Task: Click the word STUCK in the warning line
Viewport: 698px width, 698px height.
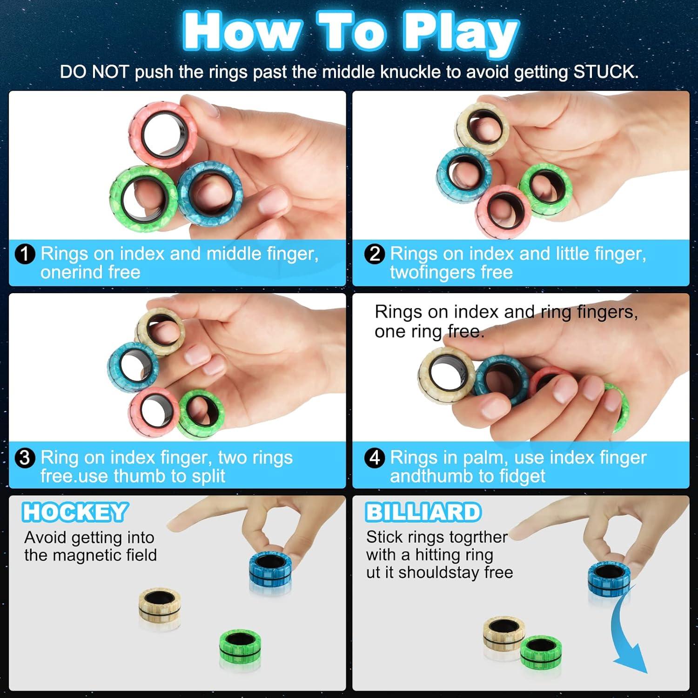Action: click(x=605, y=72)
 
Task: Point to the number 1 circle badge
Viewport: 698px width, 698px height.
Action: click(x=25, y=254)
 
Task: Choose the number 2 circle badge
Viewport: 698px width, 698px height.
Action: click(x=375, y=254)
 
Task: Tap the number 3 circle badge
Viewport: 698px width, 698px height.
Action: click(x=25, y=458)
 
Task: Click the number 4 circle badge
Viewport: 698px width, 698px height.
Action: click(x=375, y=458)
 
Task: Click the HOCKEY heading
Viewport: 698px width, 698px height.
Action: click(x=74, y=512)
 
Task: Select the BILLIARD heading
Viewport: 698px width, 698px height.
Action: click(x=423, y=512)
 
